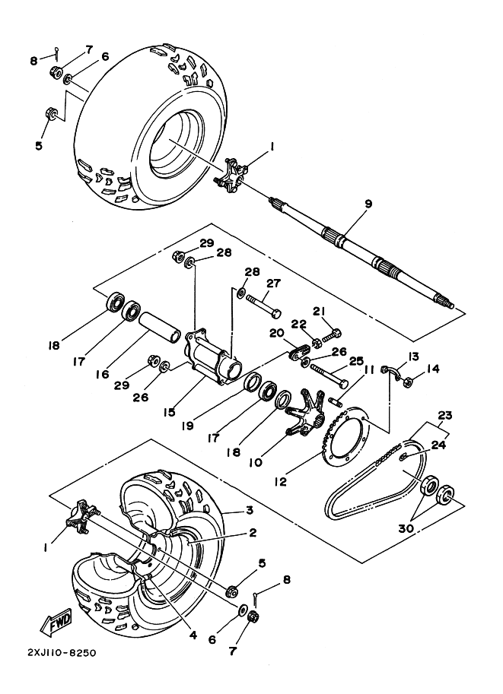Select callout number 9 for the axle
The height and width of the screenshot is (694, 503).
coord(368,204)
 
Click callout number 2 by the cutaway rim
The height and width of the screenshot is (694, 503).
coord(252,533)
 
